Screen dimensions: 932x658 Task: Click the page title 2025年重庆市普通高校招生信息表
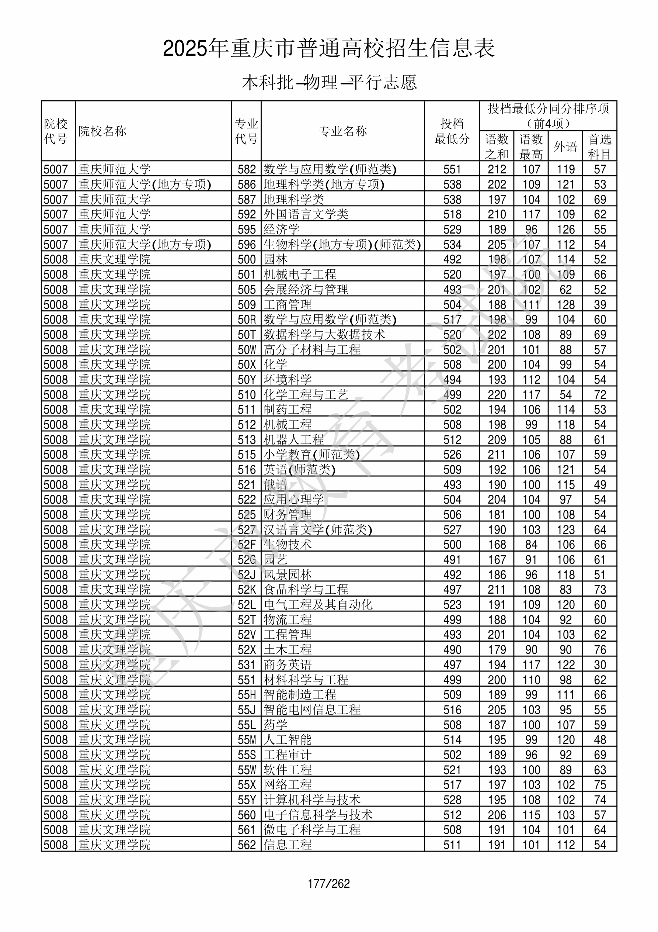pos(328,49)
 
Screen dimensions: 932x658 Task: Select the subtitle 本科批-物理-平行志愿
pos(328,83)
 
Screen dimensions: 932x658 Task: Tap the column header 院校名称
pos(102,131)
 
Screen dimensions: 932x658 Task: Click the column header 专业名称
pos(343,131)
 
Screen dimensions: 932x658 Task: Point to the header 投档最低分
pos(452,131)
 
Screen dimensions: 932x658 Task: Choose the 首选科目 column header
pos(600,146)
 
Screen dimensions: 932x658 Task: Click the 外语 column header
pos(565,146)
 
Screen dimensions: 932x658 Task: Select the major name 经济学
pos(282,229)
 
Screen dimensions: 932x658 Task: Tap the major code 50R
pos(247,320)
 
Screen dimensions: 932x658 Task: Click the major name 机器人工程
pos(294,439)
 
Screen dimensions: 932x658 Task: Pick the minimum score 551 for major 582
pos(452,169)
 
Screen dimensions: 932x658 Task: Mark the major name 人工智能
pos(288,740)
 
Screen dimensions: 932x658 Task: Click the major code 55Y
pos(247,800)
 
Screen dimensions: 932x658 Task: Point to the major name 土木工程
pos(288,649)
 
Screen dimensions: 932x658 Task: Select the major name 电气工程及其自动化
pos(318,604)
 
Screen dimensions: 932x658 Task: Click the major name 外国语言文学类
pos(306,214)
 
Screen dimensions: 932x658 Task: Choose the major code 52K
pos(247,589)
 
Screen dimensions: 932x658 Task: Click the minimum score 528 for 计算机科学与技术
pos(452,800)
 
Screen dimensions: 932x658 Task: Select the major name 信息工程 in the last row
pos(288,845)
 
